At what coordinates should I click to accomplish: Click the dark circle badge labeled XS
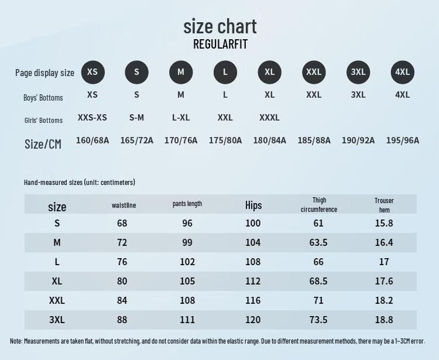point(92,72)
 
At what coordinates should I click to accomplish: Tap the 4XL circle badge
point(402,72)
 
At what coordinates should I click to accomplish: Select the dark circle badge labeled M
point(181,72)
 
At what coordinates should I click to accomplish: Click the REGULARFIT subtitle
point(220,44)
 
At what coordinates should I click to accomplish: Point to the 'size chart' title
point(220,26)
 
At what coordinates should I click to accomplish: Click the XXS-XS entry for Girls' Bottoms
point(92,117)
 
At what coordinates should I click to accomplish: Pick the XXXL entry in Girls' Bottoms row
point(269,117)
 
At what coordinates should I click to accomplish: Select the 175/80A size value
point(225,140)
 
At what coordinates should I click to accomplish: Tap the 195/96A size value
point(403,140)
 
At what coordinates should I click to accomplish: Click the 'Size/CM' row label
point(43,144)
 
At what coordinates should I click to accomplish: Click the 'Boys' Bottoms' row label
point(43,98)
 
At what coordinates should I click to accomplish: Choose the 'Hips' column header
point(253,205)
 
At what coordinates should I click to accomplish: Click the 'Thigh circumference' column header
point(319,205)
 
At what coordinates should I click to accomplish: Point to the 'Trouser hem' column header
point(384,205)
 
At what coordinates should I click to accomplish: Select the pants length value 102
point(187,262)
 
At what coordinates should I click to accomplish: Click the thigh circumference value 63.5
point(318,242)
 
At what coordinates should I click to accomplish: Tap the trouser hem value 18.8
point(384,320)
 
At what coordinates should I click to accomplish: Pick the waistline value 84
point(122,300)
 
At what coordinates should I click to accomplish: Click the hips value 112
point(253,281)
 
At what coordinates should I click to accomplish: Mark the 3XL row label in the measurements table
point(57,320)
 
